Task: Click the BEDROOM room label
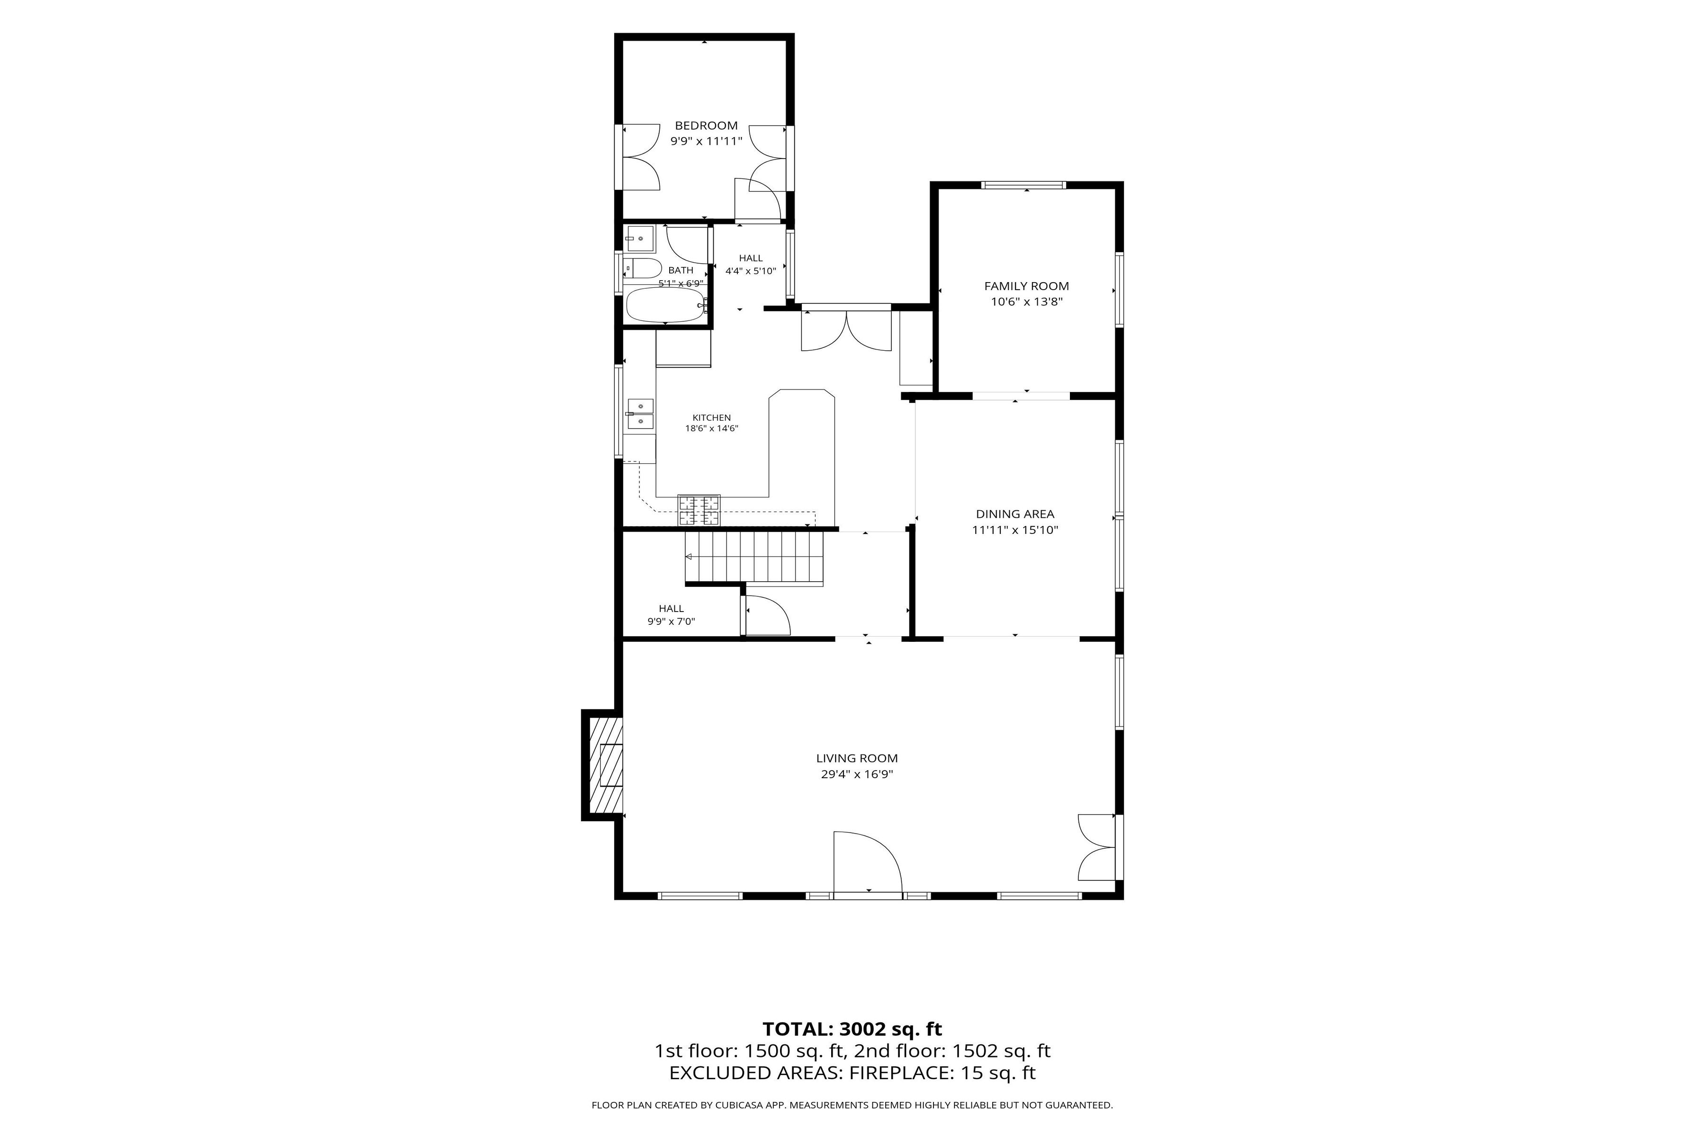click(706, 125)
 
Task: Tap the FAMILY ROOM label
click(1026, 286)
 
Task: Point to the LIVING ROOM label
click(857, 759)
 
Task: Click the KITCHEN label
click(712, 418)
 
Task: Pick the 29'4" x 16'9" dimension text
click(857, 774)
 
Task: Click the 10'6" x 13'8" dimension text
click(1026, 302)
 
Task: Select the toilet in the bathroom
click(642, 268)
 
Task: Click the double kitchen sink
click(640, 414)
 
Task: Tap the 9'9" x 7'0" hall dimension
click(671, 621)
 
